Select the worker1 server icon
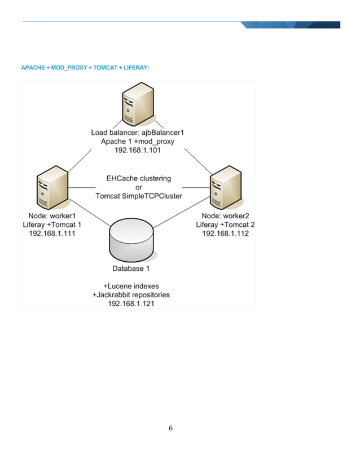point(52,189)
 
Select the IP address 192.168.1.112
point(225,234)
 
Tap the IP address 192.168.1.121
point(131,304)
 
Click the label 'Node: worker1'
point(52,216)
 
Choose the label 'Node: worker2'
point(225,216)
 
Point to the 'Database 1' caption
point(131,269)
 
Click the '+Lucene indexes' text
point(131,286)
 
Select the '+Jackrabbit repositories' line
point(131,294)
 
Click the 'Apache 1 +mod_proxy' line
point(138,142)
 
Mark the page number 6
point(171,428)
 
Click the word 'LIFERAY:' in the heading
point(136,68)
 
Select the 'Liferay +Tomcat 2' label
point(225,225)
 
